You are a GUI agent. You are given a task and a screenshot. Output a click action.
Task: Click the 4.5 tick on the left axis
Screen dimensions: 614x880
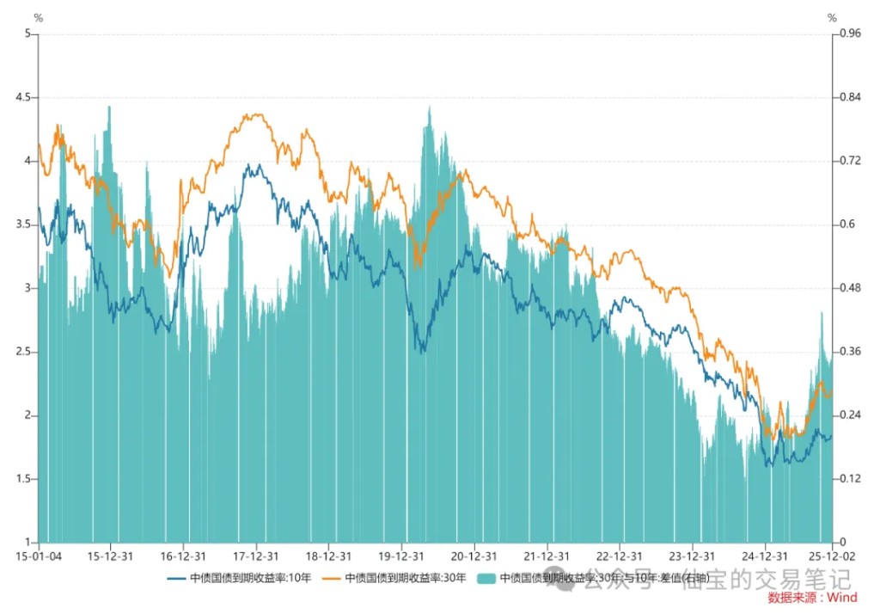[x=24, y=97]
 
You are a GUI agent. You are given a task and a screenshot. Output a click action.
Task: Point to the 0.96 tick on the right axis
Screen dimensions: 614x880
[x=849, y=34]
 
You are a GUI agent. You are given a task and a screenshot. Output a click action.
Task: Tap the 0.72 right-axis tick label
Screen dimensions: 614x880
[x=849, y=161]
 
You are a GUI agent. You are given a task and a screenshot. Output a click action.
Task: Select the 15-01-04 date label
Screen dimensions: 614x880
[x=38, y=556]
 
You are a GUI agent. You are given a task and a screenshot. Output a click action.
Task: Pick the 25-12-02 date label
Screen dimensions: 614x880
[x=832, y=556]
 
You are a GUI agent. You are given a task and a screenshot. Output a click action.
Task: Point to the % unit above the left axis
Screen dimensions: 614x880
[x=38, y=17]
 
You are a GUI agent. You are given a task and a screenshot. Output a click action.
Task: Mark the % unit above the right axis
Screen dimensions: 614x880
[x=832, y=17]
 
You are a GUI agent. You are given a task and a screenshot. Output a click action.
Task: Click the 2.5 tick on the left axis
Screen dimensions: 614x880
[x=24, y=352]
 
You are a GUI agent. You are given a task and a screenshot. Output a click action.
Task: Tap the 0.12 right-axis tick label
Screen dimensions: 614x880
[x=849, y=479]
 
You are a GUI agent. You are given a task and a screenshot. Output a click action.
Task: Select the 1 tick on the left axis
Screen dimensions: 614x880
[x=28, y=543]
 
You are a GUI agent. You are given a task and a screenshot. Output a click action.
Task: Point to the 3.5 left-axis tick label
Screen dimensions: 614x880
[x=24, y=224]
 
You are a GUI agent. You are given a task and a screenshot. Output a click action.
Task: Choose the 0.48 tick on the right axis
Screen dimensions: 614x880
[x=849, y=288]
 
